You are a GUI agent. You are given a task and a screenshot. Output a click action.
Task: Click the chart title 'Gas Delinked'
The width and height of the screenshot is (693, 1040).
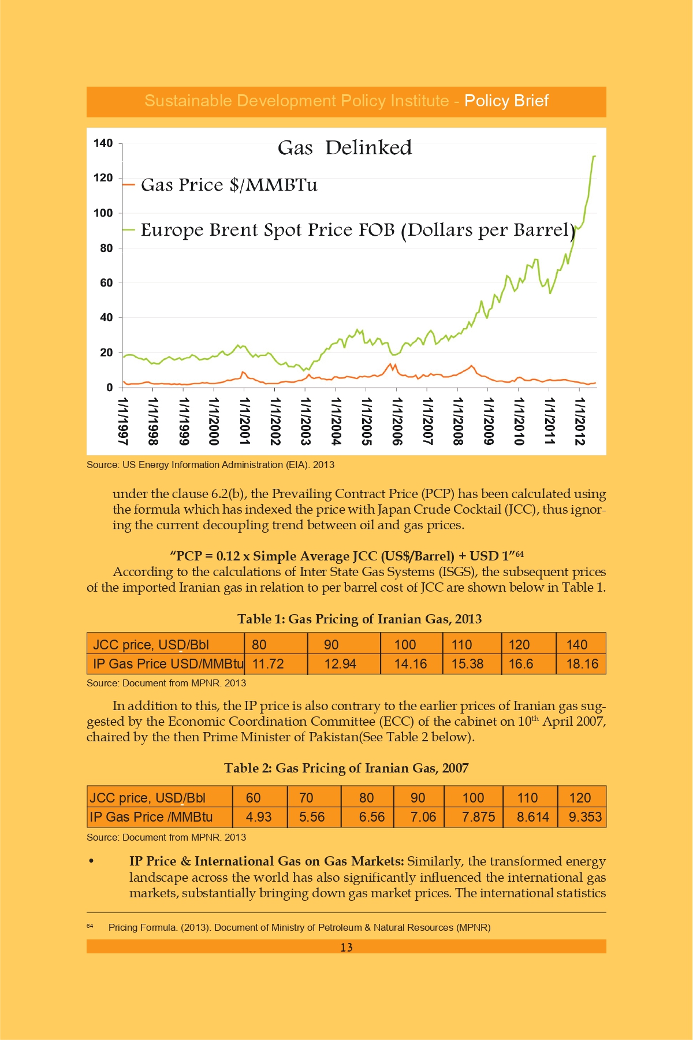[345, 148]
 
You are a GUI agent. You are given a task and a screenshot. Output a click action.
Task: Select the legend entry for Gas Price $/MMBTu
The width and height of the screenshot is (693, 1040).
[220, 185]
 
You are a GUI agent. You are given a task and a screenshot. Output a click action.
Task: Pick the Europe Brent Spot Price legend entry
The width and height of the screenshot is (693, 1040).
[349, 230]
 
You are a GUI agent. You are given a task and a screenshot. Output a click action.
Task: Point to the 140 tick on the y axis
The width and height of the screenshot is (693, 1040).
[103, 143]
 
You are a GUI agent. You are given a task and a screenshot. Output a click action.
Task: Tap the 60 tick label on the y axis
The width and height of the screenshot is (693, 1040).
[106, 283]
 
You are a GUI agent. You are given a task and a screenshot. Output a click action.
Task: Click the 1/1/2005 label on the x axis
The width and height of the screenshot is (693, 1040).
[366, 421]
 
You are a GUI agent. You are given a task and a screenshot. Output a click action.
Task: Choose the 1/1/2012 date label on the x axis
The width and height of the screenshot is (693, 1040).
[580, 421]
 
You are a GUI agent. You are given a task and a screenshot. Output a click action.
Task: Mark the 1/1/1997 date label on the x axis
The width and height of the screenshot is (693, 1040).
[122, 421]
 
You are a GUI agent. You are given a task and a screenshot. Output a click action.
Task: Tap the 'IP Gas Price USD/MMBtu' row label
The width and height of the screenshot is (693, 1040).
[168, 664]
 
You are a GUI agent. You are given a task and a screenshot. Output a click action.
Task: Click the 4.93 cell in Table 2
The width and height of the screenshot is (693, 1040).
[259, 817]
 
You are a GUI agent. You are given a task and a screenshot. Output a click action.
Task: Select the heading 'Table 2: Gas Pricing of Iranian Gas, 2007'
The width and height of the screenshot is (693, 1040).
[346, 768]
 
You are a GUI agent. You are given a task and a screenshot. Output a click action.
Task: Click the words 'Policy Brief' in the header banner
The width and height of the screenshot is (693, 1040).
[506, 101]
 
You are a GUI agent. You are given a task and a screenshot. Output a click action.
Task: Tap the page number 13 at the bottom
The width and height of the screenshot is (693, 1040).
[346, 947]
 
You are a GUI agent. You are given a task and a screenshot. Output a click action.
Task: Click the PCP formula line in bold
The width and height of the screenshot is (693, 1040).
[346, 556]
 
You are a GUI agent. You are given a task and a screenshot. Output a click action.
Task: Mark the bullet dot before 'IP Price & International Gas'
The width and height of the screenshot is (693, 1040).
[91, 861]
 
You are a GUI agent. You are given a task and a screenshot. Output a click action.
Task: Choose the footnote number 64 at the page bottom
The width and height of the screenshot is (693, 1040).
[90, 926]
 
